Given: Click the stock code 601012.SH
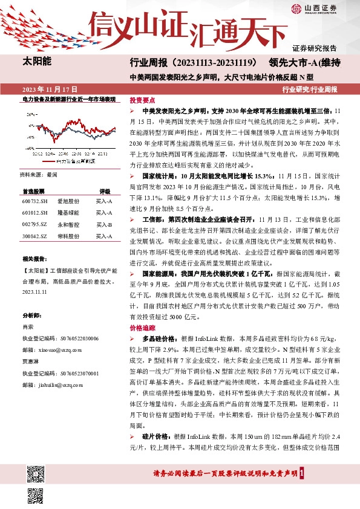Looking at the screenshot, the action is (33, 213).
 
